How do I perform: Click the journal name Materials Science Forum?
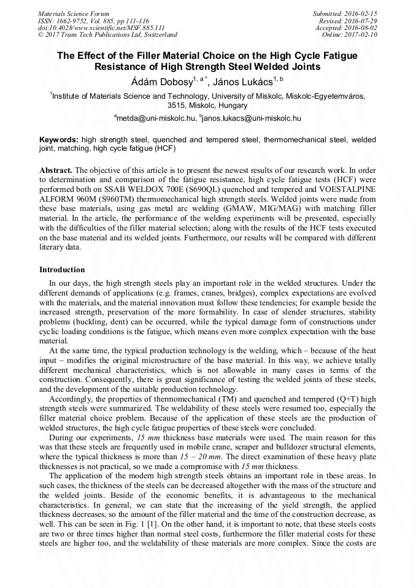click(74, 13)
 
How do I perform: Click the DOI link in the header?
click(101, 28)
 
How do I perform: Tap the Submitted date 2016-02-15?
click(361, 13)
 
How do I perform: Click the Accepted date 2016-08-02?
click(361, 28)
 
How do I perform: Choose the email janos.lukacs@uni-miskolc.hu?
click(252, 118)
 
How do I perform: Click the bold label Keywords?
click(59, 140)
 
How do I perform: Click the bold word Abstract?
click(56, 169)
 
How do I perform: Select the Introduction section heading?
click(62, 270)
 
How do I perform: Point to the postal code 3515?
click(177, 105)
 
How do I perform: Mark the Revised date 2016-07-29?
click(361, 20)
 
